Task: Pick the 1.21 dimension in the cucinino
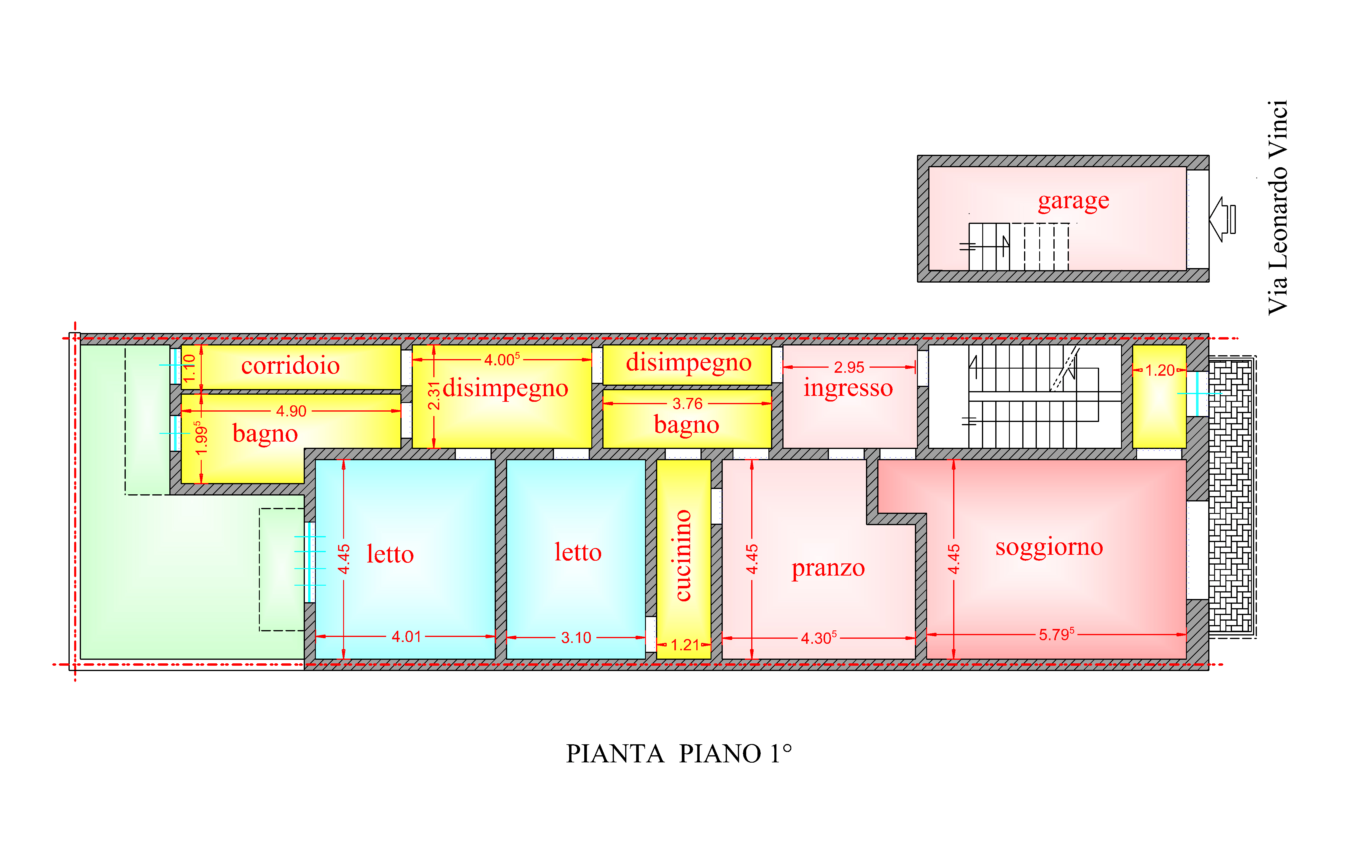[x=685, y=645]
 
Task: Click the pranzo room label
[x=828, y=568]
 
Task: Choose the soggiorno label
[x=1049, y=547]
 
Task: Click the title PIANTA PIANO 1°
[x=679, y=754]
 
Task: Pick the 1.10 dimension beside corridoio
[x=190, y=368]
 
